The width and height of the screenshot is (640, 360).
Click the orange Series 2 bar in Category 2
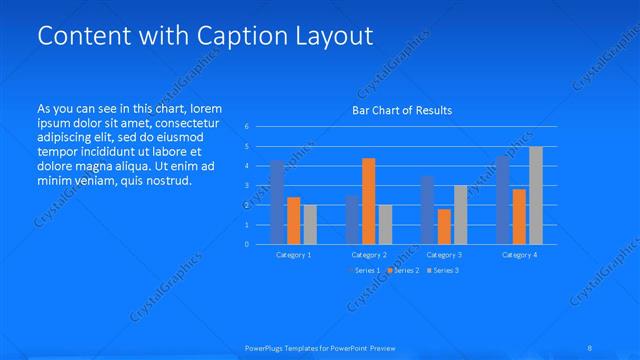click(x=368, y=201)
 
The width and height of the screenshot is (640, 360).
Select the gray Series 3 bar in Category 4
click(x=536, y=196)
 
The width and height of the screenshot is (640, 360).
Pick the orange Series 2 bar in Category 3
click(x=443, y=226)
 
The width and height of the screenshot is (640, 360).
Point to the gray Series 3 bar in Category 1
click(x=310, y=225)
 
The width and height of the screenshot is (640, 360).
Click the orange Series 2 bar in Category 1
click(x=293, y=221)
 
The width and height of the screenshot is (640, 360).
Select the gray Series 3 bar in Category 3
click(x=460, y=215)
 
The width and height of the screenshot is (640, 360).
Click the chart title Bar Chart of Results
click(x=402, y=110)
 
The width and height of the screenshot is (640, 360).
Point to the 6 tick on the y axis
click(x=247, y=127)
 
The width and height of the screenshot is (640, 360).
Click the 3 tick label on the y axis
click(x=247, y=186)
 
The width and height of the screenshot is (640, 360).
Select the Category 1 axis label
click(x=293, y=255)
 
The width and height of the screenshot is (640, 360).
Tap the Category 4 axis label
click(x=519, y=255)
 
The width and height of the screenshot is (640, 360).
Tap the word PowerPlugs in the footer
click(x=263, y=348)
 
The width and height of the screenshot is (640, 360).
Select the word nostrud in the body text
click(x=163, y=180)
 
